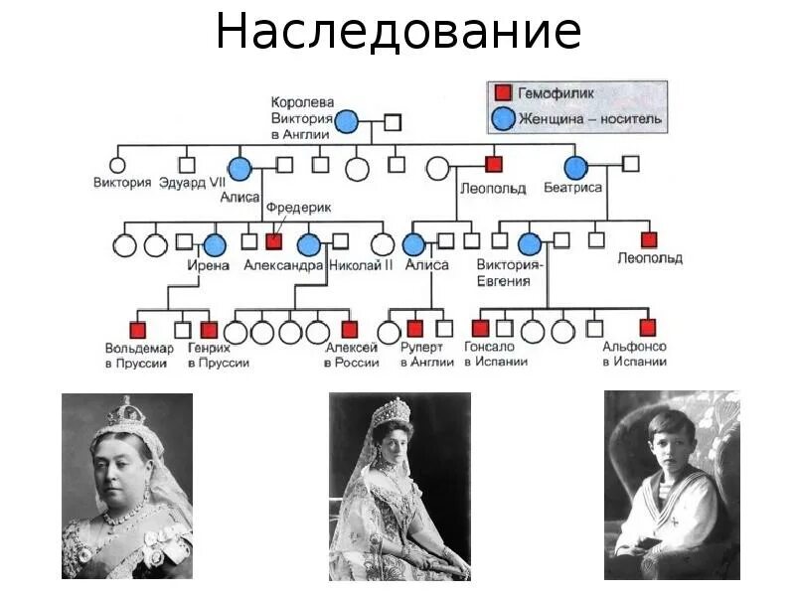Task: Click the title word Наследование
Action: pyautogui.click(x=397, y=32)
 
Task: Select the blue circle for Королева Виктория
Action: pyautogui.click(x=347, y=122)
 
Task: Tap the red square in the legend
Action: pyautogui.click(x=503, y=92)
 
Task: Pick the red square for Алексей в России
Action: pyautogui.click(x=349, y=329)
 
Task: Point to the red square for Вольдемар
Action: pyautogui.click(x=138, y=329)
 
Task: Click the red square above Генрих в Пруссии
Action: pyautogui.click(x=209, y=329)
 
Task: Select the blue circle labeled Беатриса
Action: pyautogui.click(x=574, y=166)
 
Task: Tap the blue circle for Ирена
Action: pyautogui.click(x=215, y=243)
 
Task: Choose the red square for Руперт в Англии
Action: pyautogui.click(x=415, y=329)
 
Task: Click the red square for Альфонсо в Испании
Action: pyautogui.click(x=648, y=328)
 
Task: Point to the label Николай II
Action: pyautogui.click(x=361, y=265)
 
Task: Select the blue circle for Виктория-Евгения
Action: pyautogui.click(x=530, y=243)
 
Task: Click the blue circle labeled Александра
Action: pyautogui.click(x=309, y=243)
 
